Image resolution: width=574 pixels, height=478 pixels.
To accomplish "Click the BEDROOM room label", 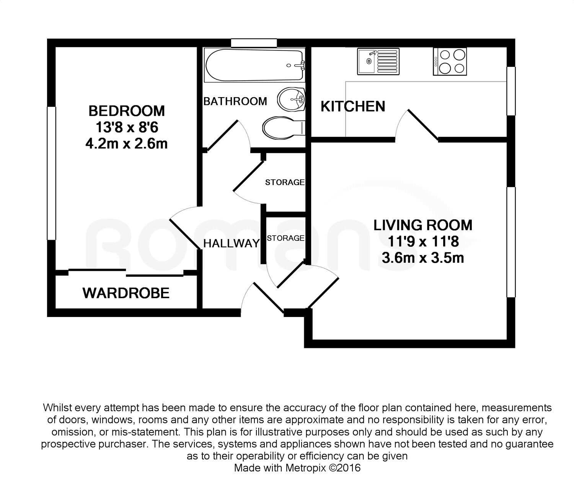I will click(x=126, y=111).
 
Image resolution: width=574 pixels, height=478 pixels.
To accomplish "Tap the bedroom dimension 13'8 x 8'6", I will click(x=126, y=127).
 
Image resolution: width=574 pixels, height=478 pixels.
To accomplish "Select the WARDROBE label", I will click(x=126, y=293).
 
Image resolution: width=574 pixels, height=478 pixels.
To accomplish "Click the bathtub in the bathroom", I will click(x=254, y=65).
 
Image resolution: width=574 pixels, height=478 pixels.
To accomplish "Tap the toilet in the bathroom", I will click(x=283, y=127).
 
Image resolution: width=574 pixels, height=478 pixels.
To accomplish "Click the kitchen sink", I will click(x=378, y=61).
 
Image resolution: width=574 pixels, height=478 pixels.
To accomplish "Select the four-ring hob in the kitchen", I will click(x=450, y=61).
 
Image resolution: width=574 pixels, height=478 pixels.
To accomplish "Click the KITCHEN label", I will click(x=352, y=106).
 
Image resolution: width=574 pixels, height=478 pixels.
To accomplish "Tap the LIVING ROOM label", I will click(x=423, y=225).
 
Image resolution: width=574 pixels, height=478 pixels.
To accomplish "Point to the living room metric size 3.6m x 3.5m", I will click(x=423, y=258).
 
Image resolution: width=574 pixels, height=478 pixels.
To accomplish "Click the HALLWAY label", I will click(x=231, y=244).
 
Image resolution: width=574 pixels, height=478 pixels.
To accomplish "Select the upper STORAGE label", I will click(x=285, y=182).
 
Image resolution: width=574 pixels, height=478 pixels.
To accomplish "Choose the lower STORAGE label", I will click(x=285, y=238).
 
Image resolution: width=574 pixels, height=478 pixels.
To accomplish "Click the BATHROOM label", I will click(x=235, y=101).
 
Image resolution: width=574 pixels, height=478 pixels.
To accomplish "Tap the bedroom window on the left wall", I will click(x=51, y=173).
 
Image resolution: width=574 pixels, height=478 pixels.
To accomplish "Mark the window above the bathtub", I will click(x=254, y=42).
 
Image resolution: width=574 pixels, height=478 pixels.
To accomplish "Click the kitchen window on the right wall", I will click(x=511, y=91).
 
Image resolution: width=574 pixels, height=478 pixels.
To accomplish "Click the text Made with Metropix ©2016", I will click(x=297, y=468).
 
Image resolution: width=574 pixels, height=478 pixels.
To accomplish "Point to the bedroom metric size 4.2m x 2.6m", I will click(x=126, y=144).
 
